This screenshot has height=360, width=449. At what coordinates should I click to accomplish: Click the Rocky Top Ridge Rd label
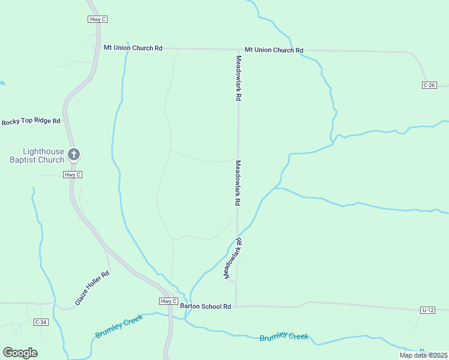31,121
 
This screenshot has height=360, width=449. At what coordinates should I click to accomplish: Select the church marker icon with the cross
74,154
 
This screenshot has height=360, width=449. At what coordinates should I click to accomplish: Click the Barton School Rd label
205,306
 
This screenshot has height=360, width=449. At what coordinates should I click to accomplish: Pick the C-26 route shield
429,85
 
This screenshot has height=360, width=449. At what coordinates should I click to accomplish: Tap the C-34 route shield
41,322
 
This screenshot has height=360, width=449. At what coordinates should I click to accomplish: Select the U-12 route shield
427,310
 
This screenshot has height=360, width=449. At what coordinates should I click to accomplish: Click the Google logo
20,353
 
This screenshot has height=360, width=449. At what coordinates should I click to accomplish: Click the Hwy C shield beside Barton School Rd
169,301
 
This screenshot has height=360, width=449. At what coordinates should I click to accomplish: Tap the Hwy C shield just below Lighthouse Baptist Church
72,175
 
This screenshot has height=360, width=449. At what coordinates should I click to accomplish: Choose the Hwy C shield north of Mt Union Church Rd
97,19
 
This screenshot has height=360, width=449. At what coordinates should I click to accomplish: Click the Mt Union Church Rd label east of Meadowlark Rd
274,50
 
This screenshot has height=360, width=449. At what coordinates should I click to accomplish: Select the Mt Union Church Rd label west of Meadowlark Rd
133,47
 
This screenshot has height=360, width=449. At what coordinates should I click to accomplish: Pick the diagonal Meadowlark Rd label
233,258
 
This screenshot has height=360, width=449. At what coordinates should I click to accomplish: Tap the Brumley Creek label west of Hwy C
119,325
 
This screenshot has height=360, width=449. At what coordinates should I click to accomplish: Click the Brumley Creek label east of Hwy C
284,337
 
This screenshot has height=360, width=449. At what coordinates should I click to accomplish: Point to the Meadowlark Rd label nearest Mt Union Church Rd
238,78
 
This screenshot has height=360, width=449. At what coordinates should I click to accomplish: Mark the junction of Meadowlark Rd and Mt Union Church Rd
238,49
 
